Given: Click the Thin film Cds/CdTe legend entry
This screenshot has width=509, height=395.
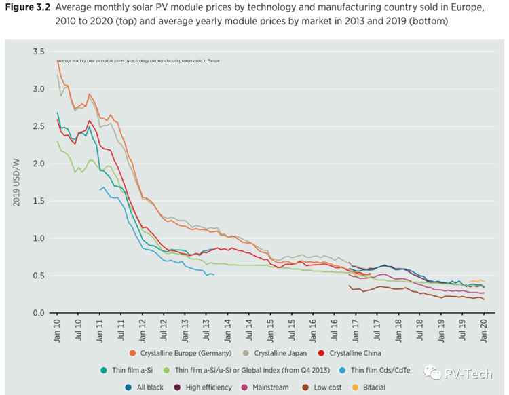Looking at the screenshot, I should point(388,370).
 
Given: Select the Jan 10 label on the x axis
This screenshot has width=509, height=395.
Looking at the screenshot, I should point(57,328).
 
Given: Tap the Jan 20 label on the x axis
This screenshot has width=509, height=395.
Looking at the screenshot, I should point(484,328).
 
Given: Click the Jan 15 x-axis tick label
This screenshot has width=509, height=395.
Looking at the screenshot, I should point(270,328).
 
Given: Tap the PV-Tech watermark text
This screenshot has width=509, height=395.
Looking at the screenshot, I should point(464,372).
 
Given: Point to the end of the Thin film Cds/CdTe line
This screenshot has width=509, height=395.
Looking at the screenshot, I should point(214,274).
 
